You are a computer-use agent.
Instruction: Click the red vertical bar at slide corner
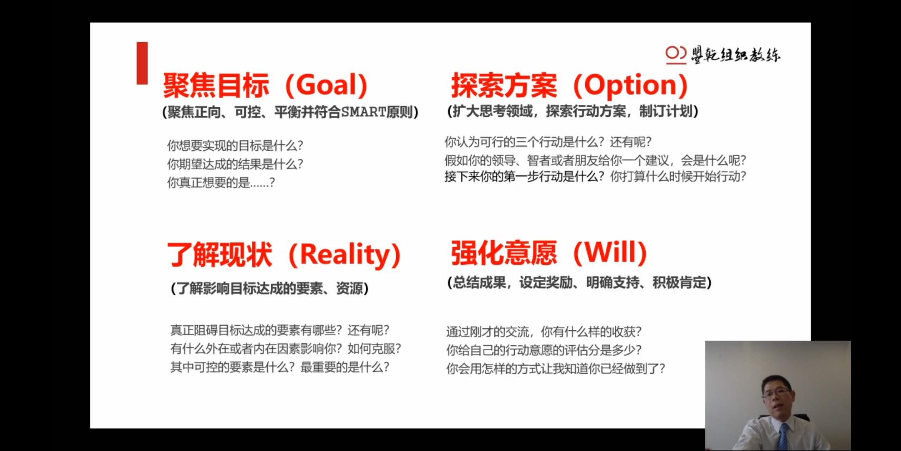[x=142, y=63]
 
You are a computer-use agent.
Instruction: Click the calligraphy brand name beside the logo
[x=735, y=55]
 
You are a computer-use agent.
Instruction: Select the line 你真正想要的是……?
[x=221, y=182]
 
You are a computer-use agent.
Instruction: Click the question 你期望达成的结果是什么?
[x=235, y=164]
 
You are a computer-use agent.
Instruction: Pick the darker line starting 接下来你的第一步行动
[x=595, y=177]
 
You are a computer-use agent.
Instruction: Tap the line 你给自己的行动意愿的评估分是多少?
[x=544, y=350]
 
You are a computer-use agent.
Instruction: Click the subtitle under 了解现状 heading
[x=270, y=289]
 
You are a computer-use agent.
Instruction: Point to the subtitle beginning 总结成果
[x=579, y=283]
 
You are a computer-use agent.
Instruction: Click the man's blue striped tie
[x=784, y=436]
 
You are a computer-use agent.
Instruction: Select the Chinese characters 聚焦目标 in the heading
[x=216, y=85]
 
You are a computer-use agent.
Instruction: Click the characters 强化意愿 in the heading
[x=504, y=253]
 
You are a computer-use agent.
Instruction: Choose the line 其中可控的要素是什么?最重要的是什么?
[x=280, y=367]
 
